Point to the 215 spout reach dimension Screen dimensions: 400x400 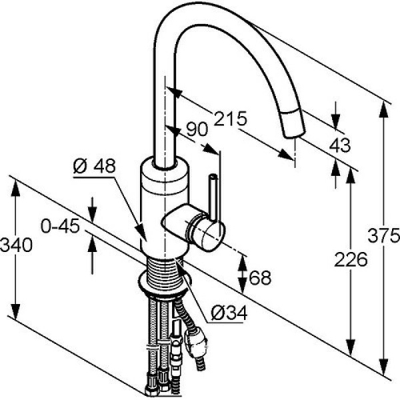point(230,118)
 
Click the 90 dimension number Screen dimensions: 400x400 point(197,130)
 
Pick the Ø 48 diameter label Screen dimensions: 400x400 point(95,164)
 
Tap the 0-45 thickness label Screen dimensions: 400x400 point(61,226)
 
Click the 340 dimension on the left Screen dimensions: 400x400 point(16,245)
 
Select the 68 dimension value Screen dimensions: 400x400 point(260,277)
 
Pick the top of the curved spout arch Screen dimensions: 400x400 point(200,13)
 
